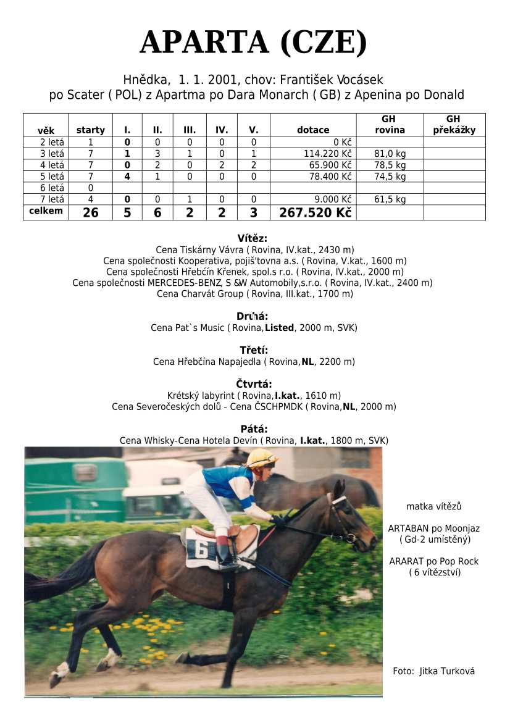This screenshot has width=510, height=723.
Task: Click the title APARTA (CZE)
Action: click(x=254, y=43)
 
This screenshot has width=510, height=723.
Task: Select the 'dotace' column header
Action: click(x=313, y=130)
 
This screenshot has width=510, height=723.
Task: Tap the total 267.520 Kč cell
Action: click(x=315, y=212)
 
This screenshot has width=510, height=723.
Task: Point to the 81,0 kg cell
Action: click(x=390, y=154)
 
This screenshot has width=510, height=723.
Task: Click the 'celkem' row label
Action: click(x=46, y=211)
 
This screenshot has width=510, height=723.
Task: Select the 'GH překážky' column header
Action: click(x=453, y=124)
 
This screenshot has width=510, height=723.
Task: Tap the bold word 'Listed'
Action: click(x=279, y=328)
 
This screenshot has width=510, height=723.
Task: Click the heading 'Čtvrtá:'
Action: click(x=254, y=384)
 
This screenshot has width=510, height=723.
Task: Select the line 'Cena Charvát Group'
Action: click(x=254, y=294)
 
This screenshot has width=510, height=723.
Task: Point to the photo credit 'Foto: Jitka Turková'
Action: click(x=433, y=671)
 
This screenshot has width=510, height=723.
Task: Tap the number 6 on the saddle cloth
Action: click(x=201, y=548)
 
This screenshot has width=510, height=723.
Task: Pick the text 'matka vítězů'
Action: click(x=433, y=506)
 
